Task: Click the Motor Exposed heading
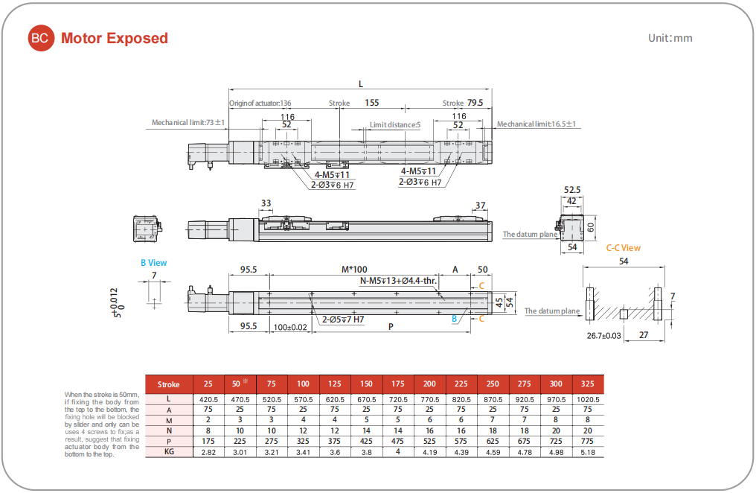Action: [x=115, y=38]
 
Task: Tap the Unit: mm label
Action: [x=670, y=38]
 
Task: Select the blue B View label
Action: [x=154, y=263]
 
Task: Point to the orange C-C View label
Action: [x=623, y=248]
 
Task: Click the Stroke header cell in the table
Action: [x=169, y=384]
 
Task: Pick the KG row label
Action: [x=169, y=451]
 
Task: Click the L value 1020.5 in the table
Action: [x=588, y=399]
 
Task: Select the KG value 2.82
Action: [x=208, y=451]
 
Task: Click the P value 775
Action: [x=588, y=441]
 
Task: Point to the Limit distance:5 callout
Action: [x=395, y=125]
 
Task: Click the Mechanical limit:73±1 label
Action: [x=188, y=123]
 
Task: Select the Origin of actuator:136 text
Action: [x=260, y=104]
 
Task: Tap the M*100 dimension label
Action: [x=354, y=270]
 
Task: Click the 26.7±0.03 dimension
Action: [x=603, y=335]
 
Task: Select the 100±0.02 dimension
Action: [x=289, y=327]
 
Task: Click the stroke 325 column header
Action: [x=588, y=384]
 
